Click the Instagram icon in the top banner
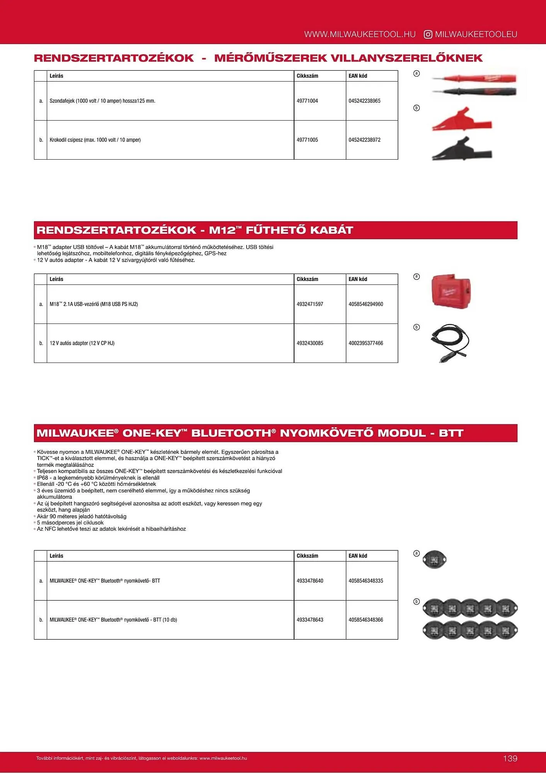[428, 34]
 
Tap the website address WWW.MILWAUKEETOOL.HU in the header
[360, 34]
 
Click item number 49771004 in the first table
[307, 101]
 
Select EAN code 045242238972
[364, 140]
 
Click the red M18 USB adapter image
[451, 291]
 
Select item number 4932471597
[310, 304]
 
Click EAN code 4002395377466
[366, 343]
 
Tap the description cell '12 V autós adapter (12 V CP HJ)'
[82, 343]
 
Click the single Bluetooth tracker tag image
[434, 559]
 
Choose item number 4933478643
[310, 620]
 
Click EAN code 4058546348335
[366, 581]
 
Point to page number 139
[510, 758]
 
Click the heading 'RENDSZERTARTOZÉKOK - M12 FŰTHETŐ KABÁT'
[195, 230]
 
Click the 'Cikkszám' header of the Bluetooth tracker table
[307, 556]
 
